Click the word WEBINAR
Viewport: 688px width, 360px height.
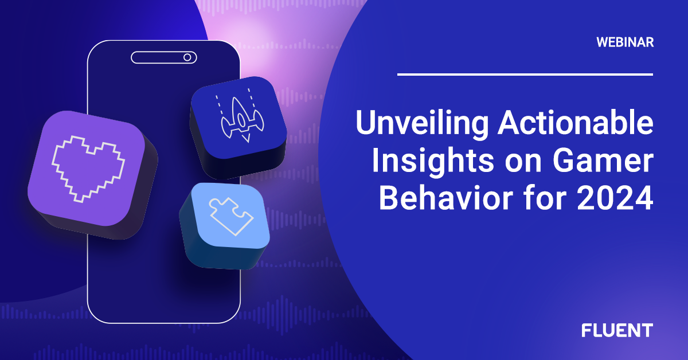click(x=624, y=42)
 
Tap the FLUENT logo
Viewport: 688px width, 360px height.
click(x=617, y=330)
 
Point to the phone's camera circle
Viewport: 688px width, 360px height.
click(x=186, y=57)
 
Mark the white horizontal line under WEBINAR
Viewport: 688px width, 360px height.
click(x=525, y=74)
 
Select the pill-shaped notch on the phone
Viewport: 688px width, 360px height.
click(x=163, y=57)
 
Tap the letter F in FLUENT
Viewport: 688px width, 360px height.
click(x=587, y=330)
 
